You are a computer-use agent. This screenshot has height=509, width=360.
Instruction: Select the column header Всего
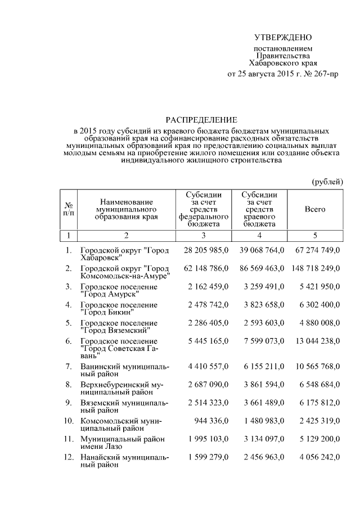click(x=315, y=209)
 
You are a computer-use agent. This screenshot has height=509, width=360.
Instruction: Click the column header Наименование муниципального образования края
click(x=127, y=209)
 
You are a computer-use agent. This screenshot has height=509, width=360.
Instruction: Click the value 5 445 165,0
click(x=206, y=341)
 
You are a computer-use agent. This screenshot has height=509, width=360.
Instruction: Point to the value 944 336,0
click(x=210, y=421)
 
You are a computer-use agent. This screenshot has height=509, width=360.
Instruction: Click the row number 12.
click(x=68, y=458)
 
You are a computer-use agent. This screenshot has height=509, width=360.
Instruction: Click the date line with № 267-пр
click(x=282, y=74)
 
